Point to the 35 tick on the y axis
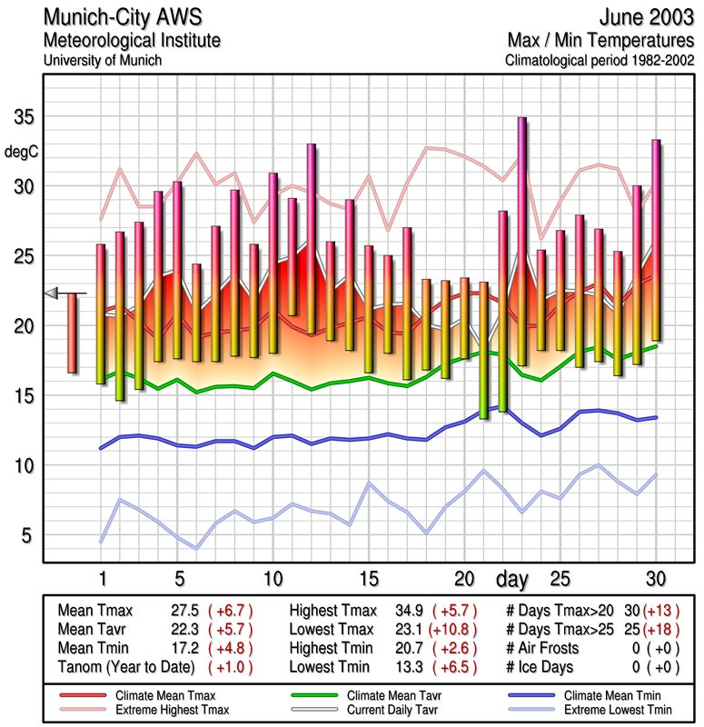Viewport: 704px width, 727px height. point(23,118)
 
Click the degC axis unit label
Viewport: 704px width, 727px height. point(22,152)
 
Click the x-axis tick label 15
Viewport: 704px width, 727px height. point(368,578)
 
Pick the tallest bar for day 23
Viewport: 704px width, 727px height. point(522,241)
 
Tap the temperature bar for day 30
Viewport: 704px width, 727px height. point(656,241)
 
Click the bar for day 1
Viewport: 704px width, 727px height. point(101,314)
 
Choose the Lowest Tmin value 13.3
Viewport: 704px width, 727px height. point(408,666)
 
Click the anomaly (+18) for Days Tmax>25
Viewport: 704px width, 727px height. point(662,630)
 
